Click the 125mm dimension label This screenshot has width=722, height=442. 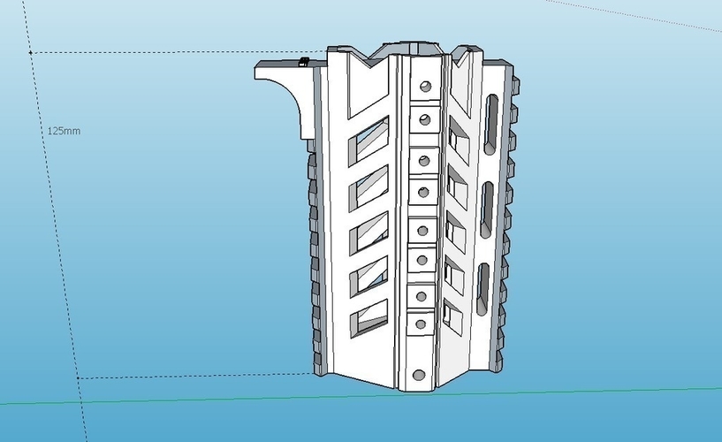click(64, 131)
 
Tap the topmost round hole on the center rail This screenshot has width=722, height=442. click(425, 86)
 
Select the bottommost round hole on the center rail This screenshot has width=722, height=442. click(419, 375)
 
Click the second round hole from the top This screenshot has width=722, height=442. click(425, 120)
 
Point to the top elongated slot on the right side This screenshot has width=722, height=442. click(490, 125)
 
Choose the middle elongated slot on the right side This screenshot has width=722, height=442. click(487, 210)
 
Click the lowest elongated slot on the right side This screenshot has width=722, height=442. click(483, 289)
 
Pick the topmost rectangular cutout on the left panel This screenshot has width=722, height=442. click(369, 141)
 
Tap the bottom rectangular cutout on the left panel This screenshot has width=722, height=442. click(369, 318)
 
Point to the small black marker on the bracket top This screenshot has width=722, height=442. click(303, 62)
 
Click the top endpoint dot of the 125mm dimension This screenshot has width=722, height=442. click(31, 53)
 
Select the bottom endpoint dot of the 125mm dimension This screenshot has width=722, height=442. click(79, 378)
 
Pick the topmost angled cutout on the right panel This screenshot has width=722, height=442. click(459, 140)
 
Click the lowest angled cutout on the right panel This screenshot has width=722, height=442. click(454, 316)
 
